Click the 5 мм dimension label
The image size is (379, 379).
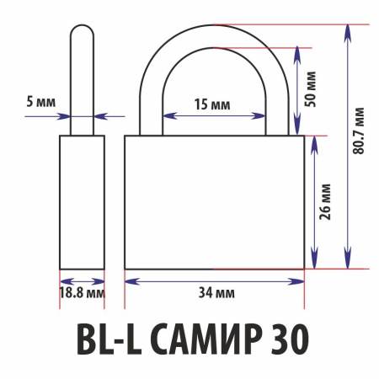(41, 101)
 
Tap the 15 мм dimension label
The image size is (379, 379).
(212, 104)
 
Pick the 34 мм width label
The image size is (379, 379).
(214, 292)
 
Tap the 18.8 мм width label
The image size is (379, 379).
(83, 292)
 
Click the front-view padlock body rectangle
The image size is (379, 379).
(214, 202)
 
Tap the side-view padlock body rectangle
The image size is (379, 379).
(82, 202)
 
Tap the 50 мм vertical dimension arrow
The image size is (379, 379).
(297, 88)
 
